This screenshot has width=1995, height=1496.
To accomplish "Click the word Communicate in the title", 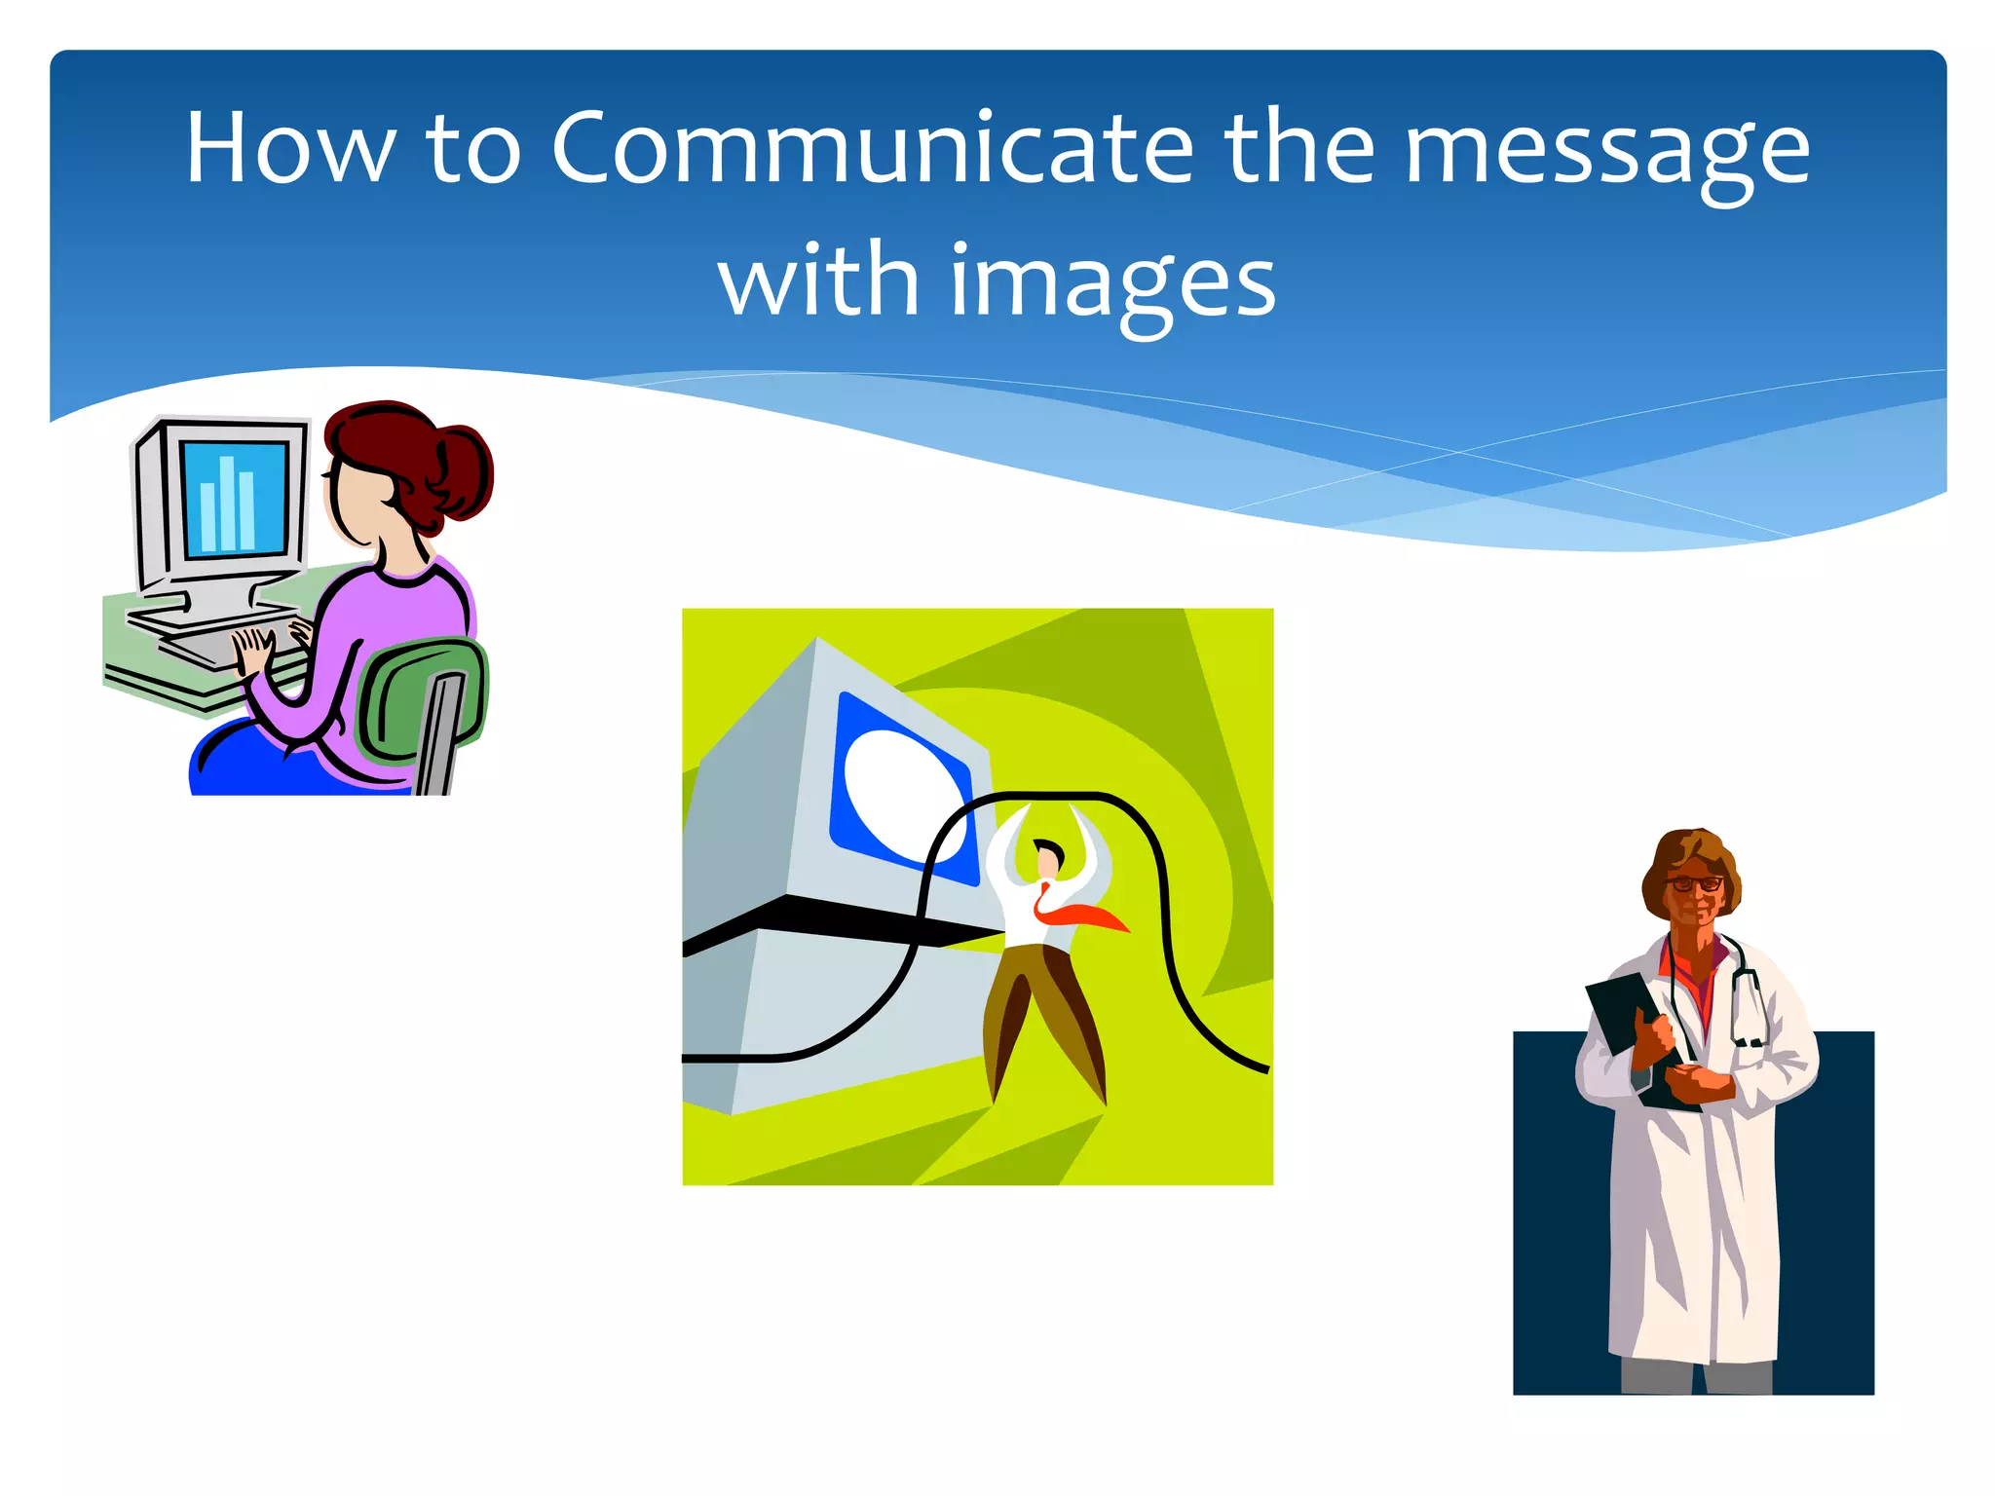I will point(872,148).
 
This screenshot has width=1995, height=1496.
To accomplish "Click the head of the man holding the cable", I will point(1048,858).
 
